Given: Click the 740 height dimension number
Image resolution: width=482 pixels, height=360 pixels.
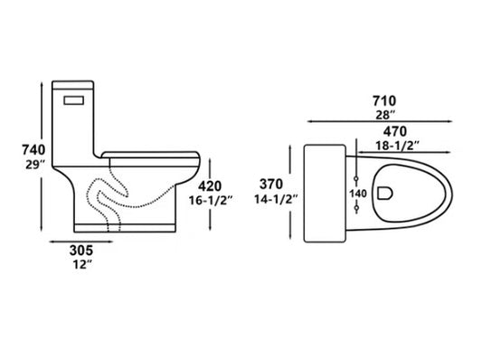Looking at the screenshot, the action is [x=33, y=150].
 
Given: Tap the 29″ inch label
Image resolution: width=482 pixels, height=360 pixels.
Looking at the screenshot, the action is [x=35, y=166].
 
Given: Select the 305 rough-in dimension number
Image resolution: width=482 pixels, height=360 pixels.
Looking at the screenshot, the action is [x=81, y=251].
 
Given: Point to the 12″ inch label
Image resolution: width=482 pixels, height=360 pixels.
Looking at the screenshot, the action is [x=82, y=264].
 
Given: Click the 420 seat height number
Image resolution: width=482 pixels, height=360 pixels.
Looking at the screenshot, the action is [x=210, y=186].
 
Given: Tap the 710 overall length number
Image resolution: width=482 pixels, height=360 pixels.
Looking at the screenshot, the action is [x=384, y=100].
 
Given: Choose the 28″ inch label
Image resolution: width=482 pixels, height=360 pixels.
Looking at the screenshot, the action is [x=385, y=115].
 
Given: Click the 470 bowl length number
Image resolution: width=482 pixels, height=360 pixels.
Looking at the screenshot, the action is [x=394, y=131].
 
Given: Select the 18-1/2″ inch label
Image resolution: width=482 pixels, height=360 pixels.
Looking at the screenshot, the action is [x=398, y=146].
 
